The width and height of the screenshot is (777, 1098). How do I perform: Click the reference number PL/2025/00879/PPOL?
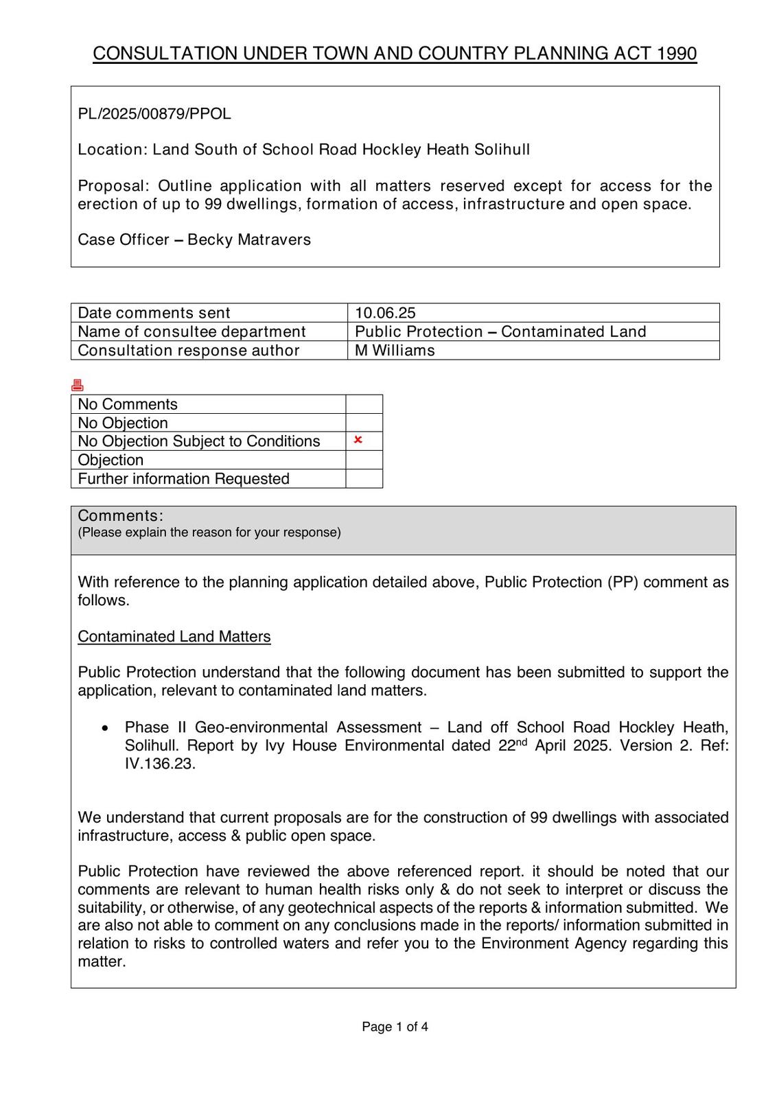tap(154, 114)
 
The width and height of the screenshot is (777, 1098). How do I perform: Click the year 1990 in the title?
tap(676, 54)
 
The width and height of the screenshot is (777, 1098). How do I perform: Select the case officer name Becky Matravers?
tap(249, 240)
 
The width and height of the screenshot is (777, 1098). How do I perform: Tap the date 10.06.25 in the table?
tap(385, 313)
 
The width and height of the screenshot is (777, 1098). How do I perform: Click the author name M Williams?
tap(395, 351)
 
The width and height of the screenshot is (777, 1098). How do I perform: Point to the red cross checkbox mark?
tap(358, 440)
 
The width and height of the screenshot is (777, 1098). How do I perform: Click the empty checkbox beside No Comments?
tap(364, 404)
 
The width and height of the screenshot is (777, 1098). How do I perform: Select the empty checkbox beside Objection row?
tap(364, 460)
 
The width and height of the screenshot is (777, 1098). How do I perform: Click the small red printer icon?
tap(78, 386)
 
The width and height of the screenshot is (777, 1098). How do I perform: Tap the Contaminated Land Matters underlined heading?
tap(174, 637)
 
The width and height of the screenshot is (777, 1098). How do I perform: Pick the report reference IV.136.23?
tap(160, 764)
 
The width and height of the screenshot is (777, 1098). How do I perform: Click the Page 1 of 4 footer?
tap(395, 1027)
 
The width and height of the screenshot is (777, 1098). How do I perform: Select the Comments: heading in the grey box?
tap(120, 516)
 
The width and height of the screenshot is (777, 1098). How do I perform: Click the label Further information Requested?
tap(183, 479)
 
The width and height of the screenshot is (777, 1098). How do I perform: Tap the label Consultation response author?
tap(189, 351)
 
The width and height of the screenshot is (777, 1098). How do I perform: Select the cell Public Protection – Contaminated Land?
tap(500, 332)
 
